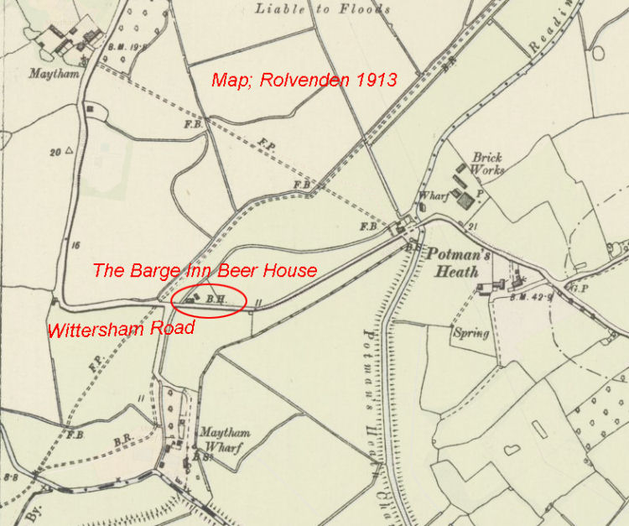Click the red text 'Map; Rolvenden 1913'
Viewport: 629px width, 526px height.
click(x=304, y=80)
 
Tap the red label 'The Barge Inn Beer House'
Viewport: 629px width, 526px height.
click(x=205, y=270)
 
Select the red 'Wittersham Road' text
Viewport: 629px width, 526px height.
click(x=122, y=328)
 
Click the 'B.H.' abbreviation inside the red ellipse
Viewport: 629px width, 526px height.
click(x=216, y=298)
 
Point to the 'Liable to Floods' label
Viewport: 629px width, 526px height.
click(x=323, y=9)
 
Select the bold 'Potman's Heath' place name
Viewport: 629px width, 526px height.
click(x=453, y=261)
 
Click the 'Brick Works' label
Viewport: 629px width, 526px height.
click(x=488, y=164)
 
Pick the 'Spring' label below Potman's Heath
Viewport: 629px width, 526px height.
click(x=470, y=333)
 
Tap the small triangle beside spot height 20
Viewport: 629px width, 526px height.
click(x=70, y=152)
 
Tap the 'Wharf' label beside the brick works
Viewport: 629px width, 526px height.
click(x=432, y=197)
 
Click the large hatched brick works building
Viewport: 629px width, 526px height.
click(x=465, y=201)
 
